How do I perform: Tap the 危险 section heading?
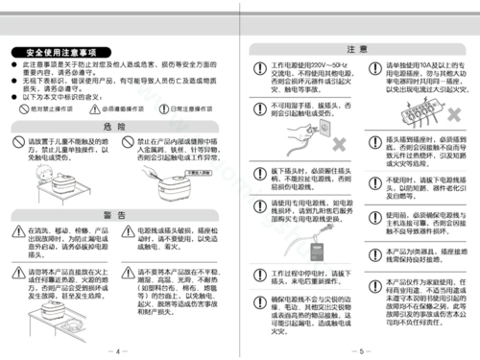click(115, 126)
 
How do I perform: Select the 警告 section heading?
click(115, 213)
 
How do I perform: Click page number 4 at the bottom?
click(118, 349)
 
